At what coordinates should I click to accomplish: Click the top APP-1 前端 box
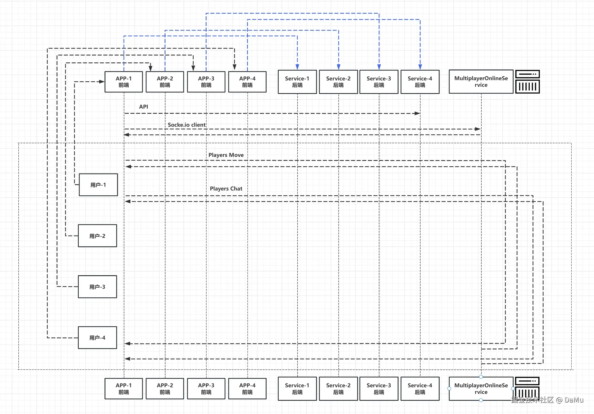124,82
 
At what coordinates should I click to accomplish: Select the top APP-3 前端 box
206,82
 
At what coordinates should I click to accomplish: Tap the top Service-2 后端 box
338,82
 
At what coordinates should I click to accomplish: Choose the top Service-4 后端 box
420,82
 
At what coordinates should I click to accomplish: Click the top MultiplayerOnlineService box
481,82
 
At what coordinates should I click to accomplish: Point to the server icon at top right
527,82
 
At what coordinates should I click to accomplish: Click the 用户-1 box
98,185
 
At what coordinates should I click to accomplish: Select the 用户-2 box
97,236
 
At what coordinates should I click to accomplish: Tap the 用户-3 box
97,287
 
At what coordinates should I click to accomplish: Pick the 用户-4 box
97,338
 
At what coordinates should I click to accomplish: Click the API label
144,107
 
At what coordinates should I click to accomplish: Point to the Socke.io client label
187,125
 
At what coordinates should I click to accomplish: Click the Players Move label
226,155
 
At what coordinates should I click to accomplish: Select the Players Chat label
226,188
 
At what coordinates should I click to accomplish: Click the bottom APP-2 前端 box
165,389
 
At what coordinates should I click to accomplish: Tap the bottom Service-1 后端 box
297,389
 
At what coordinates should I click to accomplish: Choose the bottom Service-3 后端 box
379,389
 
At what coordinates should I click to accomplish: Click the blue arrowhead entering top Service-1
297,67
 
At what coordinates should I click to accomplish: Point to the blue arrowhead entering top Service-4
420,67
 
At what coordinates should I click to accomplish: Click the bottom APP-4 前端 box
247,389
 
